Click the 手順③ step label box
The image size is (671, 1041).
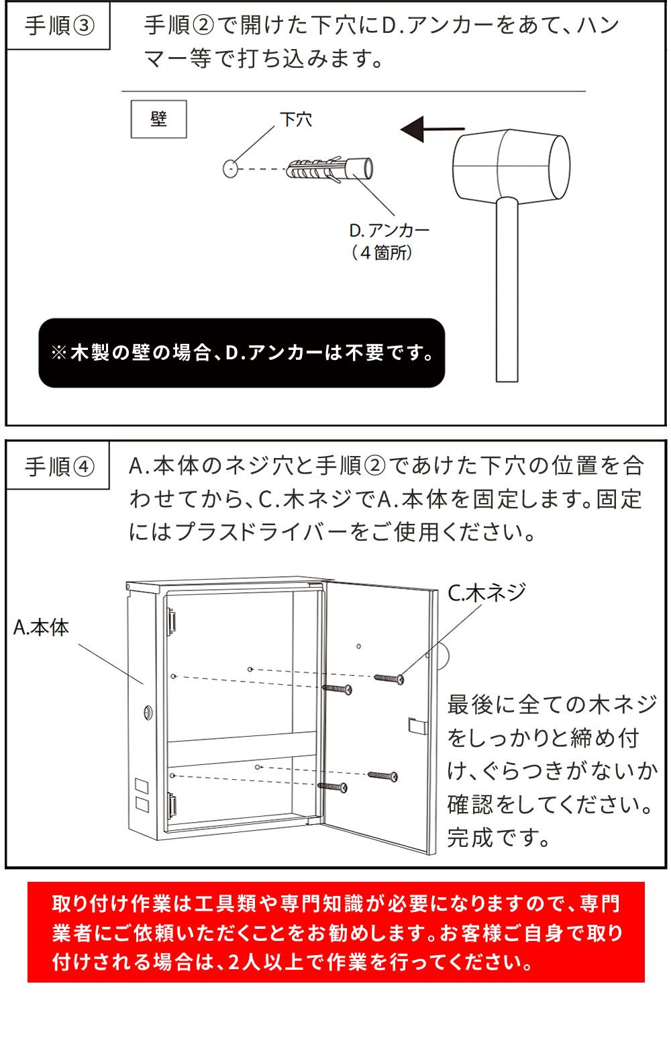tap(58, 27)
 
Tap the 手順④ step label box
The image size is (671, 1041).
tap(58, 466)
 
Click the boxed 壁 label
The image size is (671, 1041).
tap(158, 120)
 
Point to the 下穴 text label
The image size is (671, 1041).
tap(295, 120)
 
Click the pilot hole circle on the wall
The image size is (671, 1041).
tap(230, 168)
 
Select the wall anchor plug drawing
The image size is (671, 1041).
tap(329, 168)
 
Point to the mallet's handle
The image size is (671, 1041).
tap(507, 289)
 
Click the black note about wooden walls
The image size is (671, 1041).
tap(242, 353)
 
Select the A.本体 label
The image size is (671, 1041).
tap(41, 627)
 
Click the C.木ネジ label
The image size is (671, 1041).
tap(486, 592)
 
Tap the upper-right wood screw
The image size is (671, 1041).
tap(389, 678)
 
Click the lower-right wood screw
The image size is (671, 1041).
tap(382, 776)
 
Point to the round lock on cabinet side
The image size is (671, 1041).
tap(147, 711)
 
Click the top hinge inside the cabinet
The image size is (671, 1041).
tap(172, 619)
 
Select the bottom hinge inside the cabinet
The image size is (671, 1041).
tap(172, 804)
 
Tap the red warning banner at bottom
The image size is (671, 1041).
tap(335, 932)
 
